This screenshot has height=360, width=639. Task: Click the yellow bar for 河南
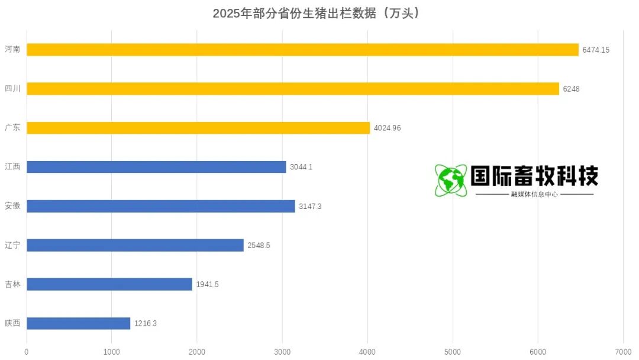[x=302, y=50]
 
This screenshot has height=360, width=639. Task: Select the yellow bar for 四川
[x=293, y=89]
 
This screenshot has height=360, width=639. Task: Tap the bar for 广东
[x=198, y=128]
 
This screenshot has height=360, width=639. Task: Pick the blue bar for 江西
[x=156, y=167]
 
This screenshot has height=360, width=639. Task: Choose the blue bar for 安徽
[x=161, y=206]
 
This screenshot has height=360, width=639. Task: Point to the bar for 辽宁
[x=135, y=245]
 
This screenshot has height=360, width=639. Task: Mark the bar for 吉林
[x=109, y=284]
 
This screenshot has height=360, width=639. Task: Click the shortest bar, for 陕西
[x=78, y=323]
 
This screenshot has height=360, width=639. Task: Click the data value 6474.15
[x=596, y=50]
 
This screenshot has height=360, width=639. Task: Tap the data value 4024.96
[x=387, y=128]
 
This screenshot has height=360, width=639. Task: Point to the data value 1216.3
[x=145, y=324]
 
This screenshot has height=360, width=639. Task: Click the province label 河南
[x=12, y=49]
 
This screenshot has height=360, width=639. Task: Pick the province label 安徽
[x=12, y=206]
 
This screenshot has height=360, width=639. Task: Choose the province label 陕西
[x=12, y=323]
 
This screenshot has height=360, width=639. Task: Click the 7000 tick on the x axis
[x=623, y=352]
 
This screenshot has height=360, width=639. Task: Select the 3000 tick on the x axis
[x=282, y=352]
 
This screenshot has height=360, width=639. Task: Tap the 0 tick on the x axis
[x=27, y=352]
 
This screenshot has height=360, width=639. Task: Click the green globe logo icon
[x=451, y=181]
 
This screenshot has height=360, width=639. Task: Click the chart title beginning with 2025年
[x=319, y=14]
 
